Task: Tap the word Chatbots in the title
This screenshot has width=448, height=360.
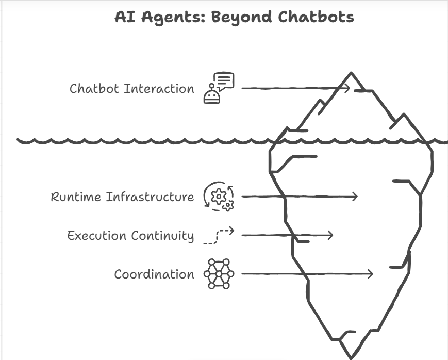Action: coord(316,17)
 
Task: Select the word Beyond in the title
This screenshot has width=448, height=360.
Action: coord(242,17)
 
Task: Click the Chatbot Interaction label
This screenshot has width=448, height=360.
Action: coord(131,88)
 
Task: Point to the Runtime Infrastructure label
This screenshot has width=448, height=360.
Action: coord(122,197)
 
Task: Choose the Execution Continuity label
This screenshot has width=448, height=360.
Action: coord(130,236)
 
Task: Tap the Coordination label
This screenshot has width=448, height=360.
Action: coord(154,274)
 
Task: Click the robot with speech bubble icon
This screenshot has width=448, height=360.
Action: coord(219,88)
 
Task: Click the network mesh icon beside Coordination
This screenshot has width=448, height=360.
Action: coord(219,274)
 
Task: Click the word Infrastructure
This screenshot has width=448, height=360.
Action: coord(150,197)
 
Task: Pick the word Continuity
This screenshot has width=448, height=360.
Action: coord(162,236)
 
